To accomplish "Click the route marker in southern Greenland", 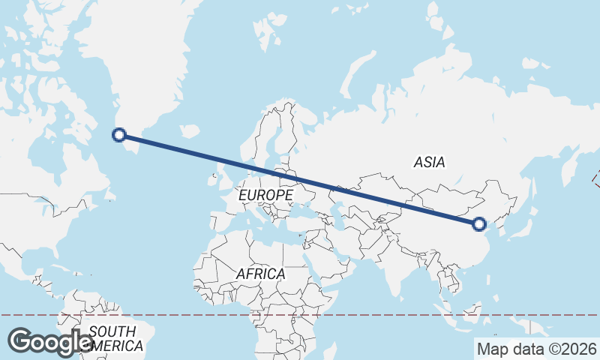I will tap(118, 135).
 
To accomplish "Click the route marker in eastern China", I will tap(479, 223).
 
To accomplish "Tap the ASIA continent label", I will tap(429, 161).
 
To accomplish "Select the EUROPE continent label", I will tap(265, 195).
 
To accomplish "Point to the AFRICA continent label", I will tap(260, 274).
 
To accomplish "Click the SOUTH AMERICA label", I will tap(112, 338).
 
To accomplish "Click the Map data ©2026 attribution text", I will tap(536, 349).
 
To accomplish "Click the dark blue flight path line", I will tap(300, 179).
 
